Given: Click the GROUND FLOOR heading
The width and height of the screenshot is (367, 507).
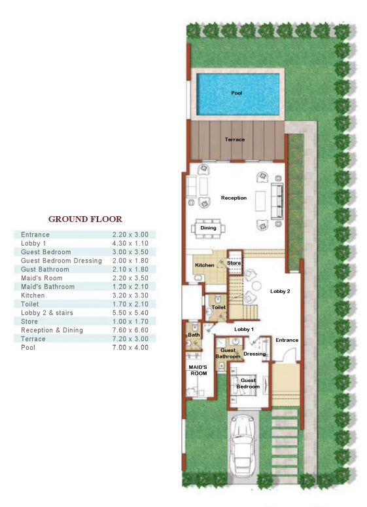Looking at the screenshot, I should coord(85,219).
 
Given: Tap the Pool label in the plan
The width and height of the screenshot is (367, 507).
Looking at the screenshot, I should coord(237,93).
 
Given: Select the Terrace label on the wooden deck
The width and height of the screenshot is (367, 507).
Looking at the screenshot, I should coord(235,140).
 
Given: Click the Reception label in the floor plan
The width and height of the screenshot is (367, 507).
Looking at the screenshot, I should coord(234,198).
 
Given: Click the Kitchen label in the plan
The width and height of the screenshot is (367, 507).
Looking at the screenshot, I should coord(204,265).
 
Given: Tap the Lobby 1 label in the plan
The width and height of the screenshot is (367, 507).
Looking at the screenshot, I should coord(243,329).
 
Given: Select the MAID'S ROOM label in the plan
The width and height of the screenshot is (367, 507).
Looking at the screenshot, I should coord(198,369).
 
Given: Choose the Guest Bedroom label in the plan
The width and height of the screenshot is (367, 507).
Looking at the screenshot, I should coord(249,383).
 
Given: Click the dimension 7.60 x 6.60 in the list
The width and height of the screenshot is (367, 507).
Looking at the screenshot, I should coord(130,330).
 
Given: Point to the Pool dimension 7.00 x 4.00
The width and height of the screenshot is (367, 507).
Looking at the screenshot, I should coord(130,347).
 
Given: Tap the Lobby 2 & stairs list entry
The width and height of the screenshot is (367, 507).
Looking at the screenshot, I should coord(49,312).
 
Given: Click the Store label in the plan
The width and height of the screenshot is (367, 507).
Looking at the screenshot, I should coord(234,263).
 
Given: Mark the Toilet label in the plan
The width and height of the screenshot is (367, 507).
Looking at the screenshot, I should coord(218,307).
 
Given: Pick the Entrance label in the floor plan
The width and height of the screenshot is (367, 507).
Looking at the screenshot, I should coord(287,340).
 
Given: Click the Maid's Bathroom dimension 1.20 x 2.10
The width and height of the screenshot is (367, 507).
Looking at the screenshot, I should coord(130,287).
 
